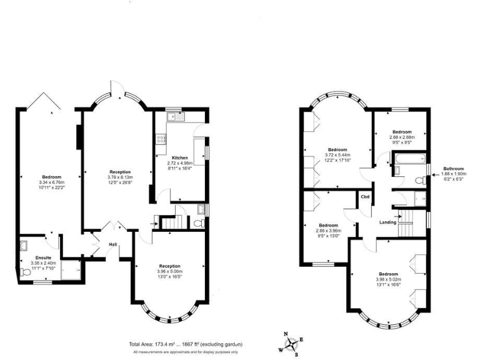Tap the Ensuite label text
pos(43,257)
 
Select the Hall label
pos(113,244)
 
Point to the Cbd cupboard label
pos(365,197)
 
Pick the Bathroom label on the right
pos(454,169)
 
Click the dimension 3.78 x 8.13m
pos(120,177)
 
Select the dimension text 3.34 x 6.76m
pos(52,182)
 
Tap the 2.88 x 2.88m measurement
pos(402,137)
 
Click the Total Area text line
pos(186,344)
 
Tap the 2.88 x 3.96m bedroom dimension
pos(329,230)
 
